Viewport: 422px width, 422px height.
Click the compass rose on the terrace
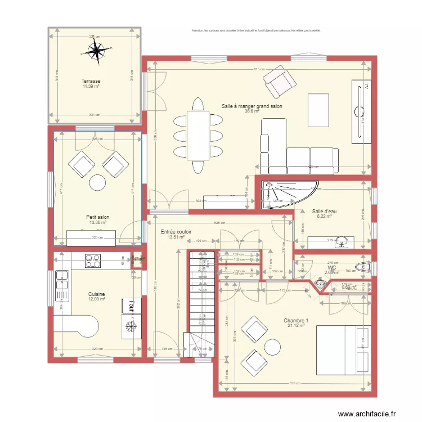pyautogui.click(x=97, y=52)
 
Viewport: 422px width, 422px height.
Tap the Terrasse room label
pyautogui.click(x=91, y=81)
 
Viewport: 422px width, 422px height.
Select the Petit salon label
pyautogui.click(x=97, y=217)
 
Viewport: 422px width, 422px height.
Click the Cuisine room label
pyautogui.click(x=97, y=294)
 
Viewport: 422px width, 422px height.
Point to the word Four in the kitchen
pyautogui.click(x=131, y=306)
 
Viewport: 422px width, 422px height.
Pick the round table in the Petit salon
pyautogui.click(x=97, y=182)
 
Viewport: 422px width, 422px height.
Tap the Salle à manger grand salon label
pyautogui.click(x=252, y=106)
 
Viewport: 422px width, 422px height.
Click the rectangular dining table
pyautogui.click(x=197, y=135)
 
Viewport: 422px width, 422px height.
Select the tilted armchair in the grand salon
pyautogui.click(x=280, y=82)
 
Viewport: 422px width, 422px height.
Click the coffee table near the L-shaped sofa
pyautogui.click(x=318, y=110)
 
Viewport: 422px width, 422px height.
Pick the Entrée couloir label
pyautogui.click(x=176, y=232)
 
